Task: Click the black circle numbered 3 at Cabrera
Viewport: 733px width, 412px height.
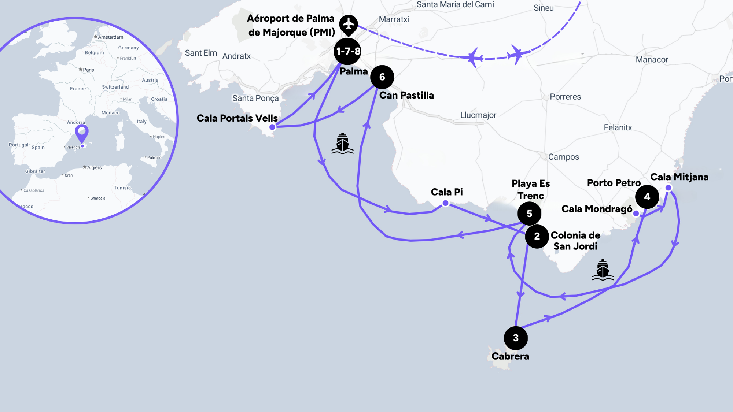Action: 516,338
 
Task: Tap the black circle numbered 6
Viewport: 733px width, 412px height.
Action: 382,77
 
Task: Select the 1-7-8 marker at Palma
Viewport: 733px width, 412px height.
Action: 347,51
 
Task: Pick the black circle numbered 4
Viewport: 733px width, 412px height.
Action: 647,197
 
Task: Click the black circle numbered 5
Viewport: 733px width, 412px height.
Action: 529,214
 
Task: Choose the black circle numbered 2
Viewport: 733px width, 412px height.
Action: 537,237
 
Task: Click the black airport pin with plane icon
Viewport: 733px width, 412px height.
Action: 348,24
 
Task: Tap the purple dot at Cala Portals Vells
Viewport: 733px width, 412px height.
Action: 272,127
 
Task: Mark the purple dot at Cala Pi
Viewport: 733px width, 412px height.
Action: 445,203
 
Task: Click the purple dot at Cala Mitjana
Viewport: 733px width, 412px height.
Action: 668,188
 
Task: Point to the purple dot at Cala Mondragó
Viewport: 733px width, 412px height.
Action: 636,213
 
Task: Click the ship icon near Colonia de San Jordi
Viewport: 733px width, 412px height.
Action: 603,270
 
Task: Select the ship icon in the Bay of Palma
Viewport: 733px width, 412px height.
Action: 342,143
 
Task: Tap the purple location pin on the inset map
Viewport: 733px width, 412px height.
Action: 82,132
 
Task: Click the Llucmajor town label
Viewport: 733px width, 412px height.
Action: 478,115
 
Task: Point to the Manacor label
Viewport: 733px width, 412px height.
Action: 652,60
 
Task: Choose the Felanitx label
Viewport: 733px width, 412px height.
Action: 618,127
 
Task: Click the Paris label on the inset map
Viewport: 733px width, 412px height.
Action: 88,70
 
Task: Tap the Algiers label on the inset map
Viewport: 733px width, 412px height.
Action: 94,168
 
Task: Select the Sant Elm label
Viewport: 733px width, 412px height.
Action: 201,53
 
